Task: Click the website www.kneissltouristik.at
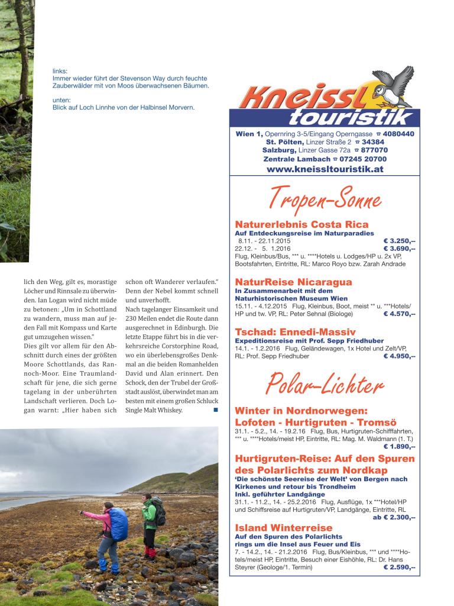(x=325, y=169)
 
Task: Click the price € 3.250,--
(x=399, y=241)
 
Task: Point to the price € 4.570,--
(x=399, y=314)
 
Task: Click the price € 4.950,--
(x=399, y=357)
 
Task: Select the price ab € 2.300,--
(x=394, y=517)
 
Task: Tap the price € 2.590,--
(x=399, y=567)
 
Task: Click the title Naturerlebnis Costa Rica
(x=301, y=224)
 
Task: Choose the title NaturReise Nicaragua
(x=293, y=282)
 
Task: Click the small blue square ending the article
(x=216, y=410)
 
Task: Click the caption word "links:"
(x=60, y=71)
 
